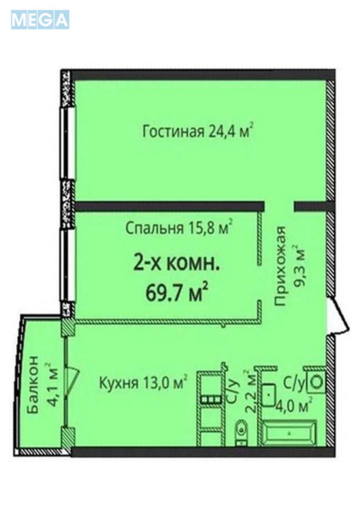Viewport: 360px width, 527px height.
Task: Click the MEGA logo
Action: point(39,20)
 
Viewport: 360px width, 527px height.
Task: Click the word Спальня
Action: point(153,229)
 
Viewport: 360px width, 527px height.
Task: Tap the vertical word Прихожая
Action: point(281,266)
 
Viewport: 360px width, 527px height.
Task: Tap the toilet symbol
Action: point(242,430)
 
